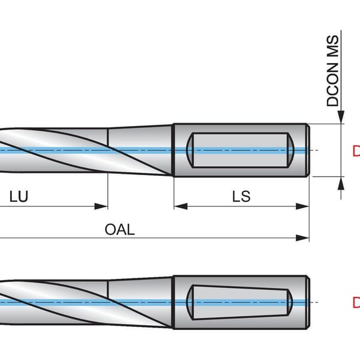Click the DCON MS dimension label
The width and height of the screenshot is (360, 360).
[x=332, y=71]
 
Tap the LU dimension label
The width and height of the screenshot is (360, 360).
[x=19, y=196]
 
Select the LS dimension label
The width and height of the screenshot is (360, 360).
[x=241, y=196]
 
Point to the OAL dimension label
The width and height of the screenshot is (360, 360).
[x=120, y=229]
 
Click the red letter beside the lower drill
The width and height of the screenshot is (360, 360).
[x=355, y=302]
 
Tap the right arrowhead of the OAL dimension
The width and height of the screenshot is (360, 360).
[x=304, y=238]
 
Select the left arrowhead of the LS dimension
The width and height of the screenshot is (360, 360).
[x=179, y=206]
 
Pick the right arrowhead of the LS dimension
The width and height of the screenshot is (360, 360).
[x=304, y=206]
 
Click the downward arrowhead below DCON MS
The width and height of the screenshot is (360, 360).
[x=341, y=118]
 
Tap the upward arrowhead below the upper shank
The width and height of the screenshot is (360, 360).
[x=341, y=181]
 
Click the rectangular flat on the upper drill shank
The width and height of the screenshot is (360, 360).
[x=240, y=150]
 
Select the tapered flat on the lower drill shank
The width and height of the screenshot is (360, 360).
[x=240, y=302]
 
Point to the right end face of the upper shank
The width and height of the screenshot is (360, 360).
[x=308, y=150]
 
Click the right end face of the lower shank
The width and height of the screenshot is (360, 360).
[x=308, y=302]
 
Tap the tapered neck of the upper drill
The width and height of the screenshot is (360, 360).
[x=141, y=150]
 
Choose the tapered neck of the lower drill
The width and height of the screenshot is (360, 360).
[x=141, y=302]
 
